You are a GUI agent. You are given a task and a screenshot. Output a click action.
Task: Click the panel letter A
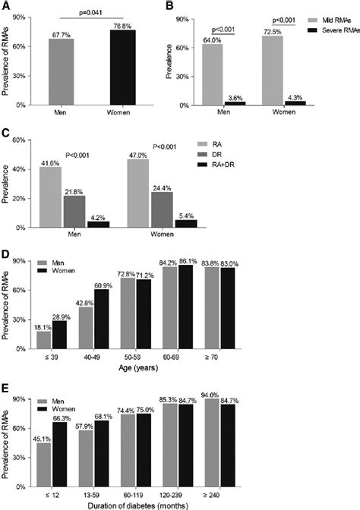[x=5, y=6]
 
